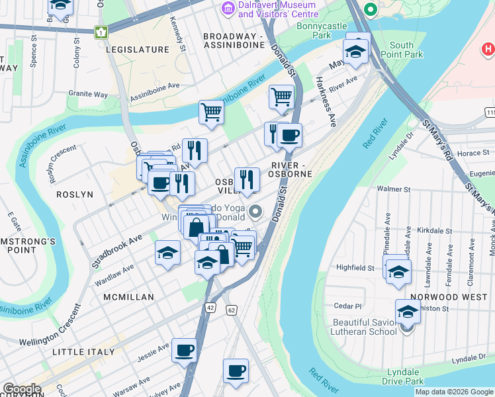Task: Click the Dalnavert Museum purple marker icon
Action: (x=228, y=9)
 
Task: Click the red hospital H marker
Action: (x=488, y=48)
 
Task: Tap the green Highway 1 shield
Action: (x=101, y=32)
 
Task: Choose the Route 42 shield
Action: (x=210, y=308)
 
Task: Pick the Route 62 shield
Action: (x=231, y=310)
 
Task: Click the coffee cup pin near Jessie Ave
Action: (x=184, y=350)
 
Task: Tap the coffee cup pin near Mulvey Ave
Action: (x=235, y=371)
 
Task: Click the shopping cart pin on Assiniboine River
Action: (x=211, y=111)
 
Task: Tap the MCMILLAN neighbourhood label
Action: (x=128, y=298)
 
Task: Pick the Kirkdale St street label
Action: (x=435, y=232)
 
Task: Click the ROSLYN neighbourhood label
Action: (x=75, y=195)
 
